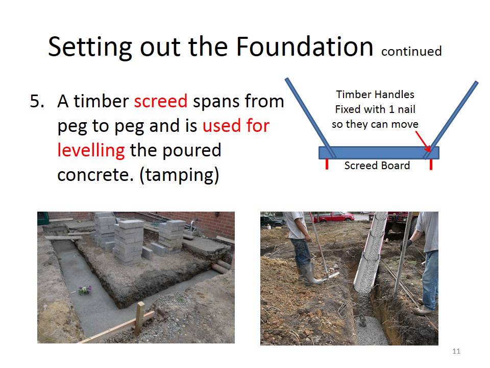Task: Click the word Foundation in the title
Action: click(x=304, y=47)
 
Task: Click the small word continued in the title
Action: click(x=411, y=51)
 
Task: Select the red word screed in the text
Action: click(x=161, y=101)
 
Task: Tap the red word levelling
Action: click(x=91, y=150)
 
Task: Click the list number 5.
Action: click(x=38, y=101)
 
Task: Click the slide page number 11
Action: click(x=456, y=351)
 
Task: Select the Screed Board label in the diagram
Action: click(x=377, y=166)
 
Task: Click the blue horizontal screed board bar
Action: click(x=378, y=152)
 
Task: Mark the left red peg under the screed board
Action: click(x=327, y=164)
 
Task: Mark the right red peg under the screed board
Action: click(x=431, y=164)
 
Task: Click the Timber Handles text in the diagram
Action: click(x=375, y=95)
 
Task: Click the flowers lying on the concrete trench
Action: click(x=84, y=290)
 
